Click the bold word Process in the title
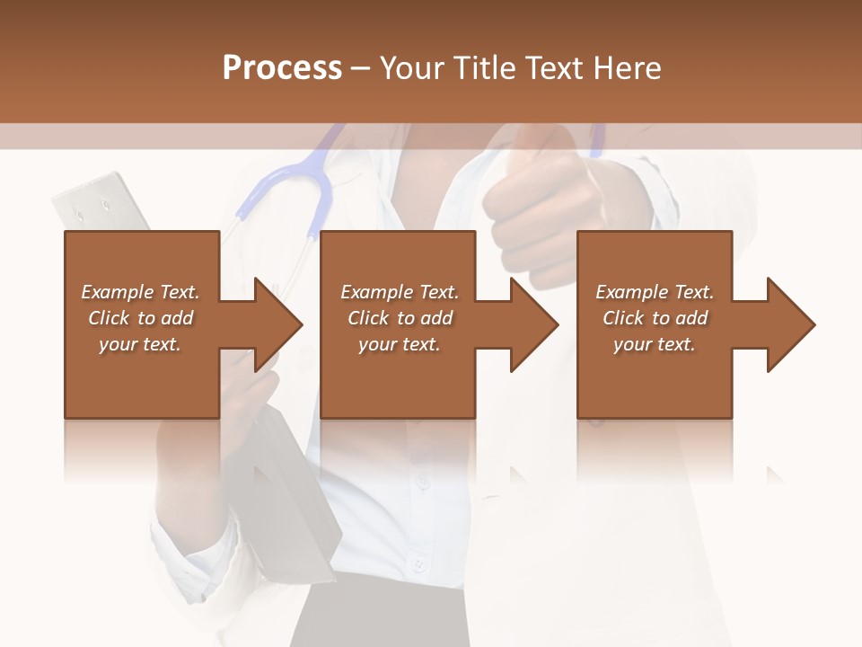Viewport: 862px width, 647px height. (x=282, y=68)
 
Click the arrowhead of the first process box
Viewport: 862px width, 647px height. (x=279, y=324)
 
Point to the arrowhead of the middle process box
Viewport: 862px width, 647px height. (x=535, y=324)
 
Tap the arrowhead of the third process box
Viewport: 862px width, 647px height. (x=791, y=324)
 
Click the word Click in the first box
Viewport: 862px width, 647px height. (x=109, y=318)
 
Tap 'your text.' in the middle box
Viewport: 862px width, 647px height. (x=400, y=344)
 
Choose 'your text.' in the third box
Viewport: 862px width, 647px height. (x=655, y=344)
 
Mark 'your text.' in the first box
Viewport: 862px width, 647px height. (x=140, y=344)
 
